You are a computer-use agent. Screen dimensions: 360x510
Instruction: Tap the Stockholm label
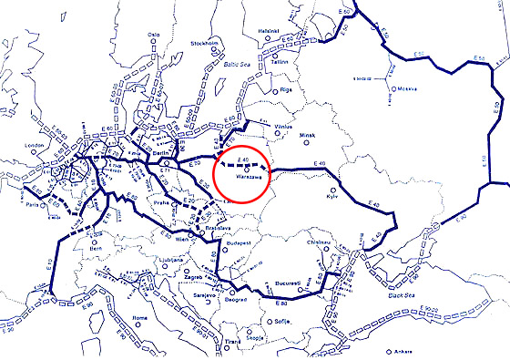tap(204, 43)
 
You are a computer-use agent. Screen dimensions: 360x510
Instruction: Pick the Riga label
tap(285, 90)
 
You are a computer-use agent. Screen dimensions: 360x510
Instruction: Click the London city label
tap(36, 145)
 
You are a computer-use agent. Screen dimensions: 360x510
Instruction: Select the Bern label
tap(96, 247)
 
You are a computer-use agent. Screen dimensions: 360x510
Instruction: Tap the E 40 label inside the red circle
tap(242, 160)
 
